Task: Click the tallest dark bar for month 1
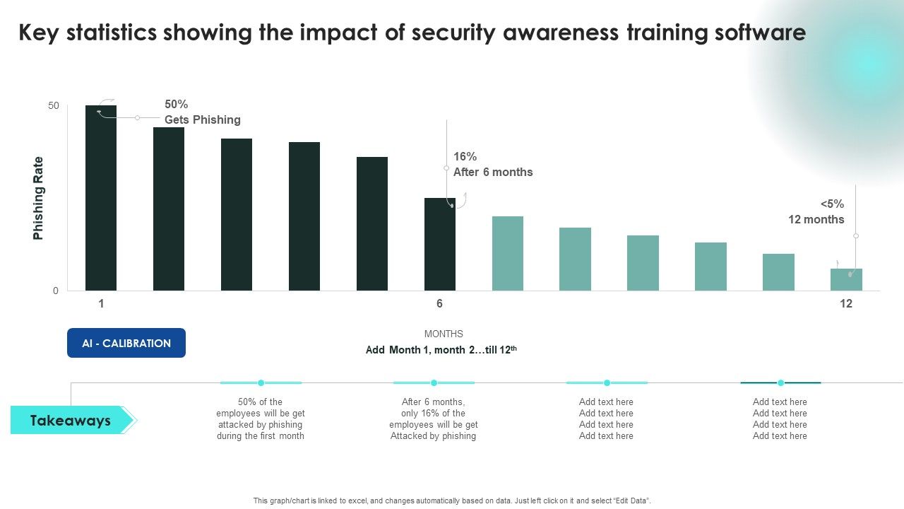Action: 101,198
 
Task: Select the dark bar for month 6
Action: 439,244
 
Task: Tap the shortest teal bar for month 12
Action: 846,280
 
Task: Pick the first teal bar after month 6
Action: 507,253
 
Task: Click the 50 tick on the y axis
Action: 54,106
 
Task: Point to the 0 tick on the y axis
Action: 56,291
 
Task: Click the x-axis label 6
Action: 439,304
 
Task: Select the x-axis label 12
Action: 846,304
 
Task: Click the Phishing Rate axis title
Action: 38,198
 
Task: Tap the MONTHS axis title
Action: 444,334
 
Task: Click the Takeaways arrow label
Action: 71,421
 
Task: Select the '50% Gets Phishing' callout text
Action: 202,112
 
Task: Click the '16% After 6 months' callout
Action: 492,165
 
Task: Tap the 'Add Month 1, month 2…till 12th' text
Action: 442,350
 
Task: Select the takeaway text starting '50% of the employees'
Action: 261,419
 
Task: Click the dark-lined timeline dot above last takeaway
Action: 780,382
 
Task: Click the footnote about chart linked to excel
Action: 452,501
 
